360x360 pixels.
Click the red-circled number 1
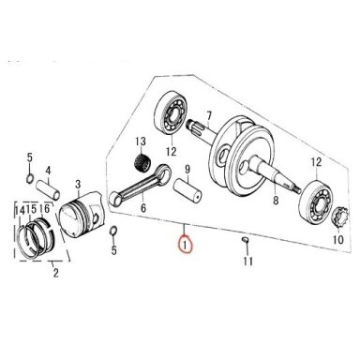point(185,245)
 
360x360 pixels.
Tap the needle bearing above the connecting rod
point(142,162)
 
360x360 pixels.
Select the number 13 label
point(141,142)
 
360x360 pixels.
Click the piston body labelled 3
point(81,215)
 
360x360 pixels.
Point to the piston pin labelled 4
point(48,189)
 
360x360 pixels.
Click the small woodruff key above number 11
point(246,240)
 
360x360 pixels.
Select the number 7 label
point(209,116)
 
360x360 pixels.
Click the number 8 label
point(276,200)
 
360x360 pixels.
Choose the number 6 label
point(143,207)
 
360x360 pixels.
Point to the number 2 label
point(55,273)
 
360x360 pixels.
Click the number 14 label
point(20,210)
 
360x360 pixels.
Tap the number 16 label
point(44,208)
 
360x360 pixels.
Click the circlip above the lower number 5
point(113,232)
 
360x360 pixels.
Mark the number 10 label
point(338,239)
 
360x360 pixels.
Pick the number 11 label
point(247,261)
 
